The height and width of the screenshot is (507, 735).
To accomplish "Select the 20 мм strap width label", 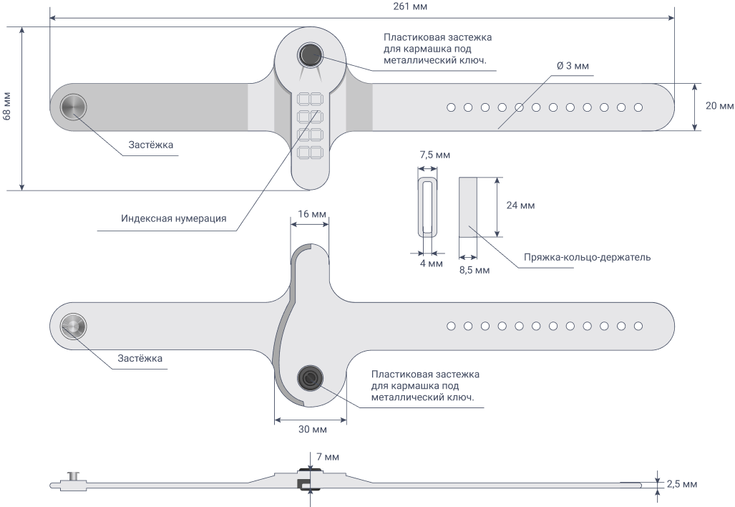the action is click(x=719, y=106).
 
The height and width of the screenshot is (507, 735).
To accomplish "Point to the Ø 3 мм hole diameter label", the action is click(x=573, y=66).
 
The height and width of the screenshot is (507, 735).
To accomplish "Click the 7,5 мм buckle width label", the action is click(x=434, y=155).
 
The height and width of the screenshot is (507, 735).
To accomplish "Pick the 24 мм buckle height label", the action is click(x=520, y=206).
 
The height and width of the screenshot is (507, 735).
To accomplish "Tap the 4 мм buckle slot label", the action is click(x=432, y=264).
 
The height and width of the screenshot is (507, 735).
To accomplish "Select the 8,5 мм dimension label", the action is click(x=474, y=270).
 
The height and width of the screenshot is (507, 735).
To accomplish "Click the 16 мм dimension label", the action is click(x=312, y=214).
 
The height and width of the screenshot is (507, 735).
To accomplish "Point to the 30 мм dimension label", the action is click(x=313, y=429).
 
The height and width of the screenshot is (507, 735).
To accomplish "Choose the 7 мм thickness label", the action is click(x=328, y=457).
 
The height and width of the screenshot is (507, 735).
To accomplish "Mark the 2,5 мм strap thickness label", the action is click(x=682, y=484).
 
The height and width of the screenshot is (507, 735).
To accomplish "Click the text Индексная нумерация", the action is click(x=173, y=218).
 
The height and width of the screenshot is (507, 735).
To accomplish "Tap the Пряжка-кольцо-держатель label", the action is click(x=587, y=258).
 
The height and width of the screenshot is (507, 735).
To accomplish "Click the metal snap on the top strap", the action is click(x=74, y=107).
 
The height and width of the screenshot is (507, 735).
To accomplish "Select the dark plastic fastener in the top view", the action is click(x=310, y=55).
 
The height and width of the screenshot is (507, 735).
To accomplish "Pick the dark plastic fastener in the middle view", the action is click(x=310, y=377).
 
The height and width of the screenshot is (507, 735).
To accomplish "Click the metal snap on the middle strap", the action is click(x=74, y=326).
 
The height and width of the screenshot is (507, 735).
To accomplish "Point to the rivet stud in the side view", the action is click(x=74, y=476).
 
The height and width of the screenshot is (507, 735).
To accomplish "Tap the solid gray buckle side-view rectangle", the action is click(x=468, y=207).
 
